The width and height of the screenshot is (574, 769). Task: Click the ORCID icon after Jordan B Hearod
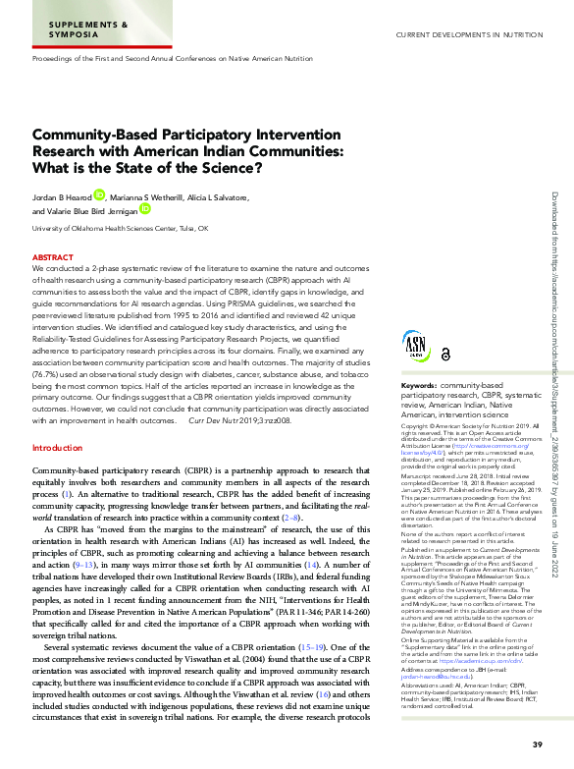[x=98, y=195]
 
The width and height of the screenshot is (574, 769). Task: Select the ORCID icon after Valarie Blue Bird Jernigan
[x=144, y=209]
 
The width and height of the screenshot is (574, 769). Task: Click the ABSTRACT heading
[x=52, y=256]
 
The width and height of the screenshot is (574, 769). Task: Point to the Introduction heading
[x=58, y=448]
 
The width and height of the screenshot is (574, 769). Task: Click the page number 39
[x=537, y=744]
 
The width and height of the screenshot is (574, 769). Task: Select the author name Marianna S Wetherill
[x=146, y=196]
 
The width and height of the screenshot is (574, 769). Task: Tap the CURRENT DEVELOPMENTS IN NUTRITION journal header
[x=469, y=35]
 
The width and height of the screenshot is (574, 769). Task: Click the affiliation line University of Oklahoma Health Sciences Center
[x=121, y=228]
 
